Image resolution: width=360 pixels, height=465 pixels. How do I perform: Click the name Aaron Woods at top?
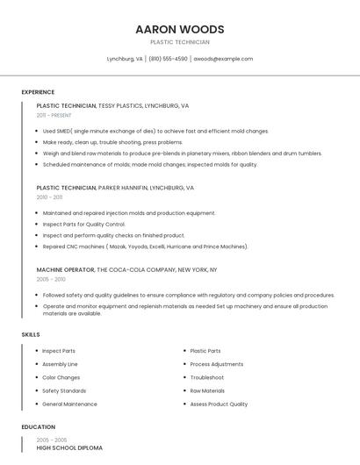(180, 29)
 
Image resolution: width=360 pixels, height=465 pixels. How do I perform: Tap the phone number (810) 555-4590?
(168, 59)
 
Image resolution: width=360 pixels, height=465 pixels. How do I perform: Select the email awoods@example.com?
(223, 59)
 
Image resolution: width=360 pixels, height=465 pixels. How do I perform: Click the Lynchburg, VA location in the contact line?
(125, 59)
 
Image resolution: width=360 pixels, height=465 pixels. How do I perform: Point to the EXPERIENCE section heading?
(38, 92)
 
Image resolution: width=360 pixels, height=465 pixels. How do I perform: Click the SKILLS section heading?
(31, 334)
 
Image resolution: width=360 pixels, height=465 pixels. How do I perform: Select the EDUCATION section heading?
(38, 427)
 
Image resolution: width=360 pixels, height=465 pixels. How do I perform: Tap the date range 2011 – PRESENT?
(54, 115)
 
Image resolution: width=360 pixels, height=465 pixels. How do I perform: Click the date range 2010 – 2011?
(49, 197)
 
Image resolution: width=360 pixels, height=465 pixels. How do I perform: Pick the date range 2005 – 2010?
(51, 279)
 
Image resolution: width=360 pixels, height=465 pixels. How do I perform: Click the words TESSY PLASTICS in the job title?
(119, 105)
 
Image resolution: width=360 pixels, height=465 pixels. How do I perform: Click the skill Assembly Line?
(60, 364)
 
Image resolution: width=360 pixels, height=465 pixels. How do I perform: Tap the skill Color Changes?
(61, 377)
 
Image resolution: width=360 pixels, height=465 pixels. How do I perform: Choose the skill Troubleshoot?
(206, 377)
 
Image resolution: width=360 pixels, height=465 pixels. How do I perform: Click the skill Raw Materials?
(207, 390)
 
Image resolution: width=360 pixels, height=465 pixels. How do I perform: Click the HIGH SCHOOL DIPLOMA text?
(69, 447)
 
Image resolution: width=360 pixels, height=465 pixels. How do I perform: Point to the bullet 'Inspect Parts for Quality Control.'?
(84, 224)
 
